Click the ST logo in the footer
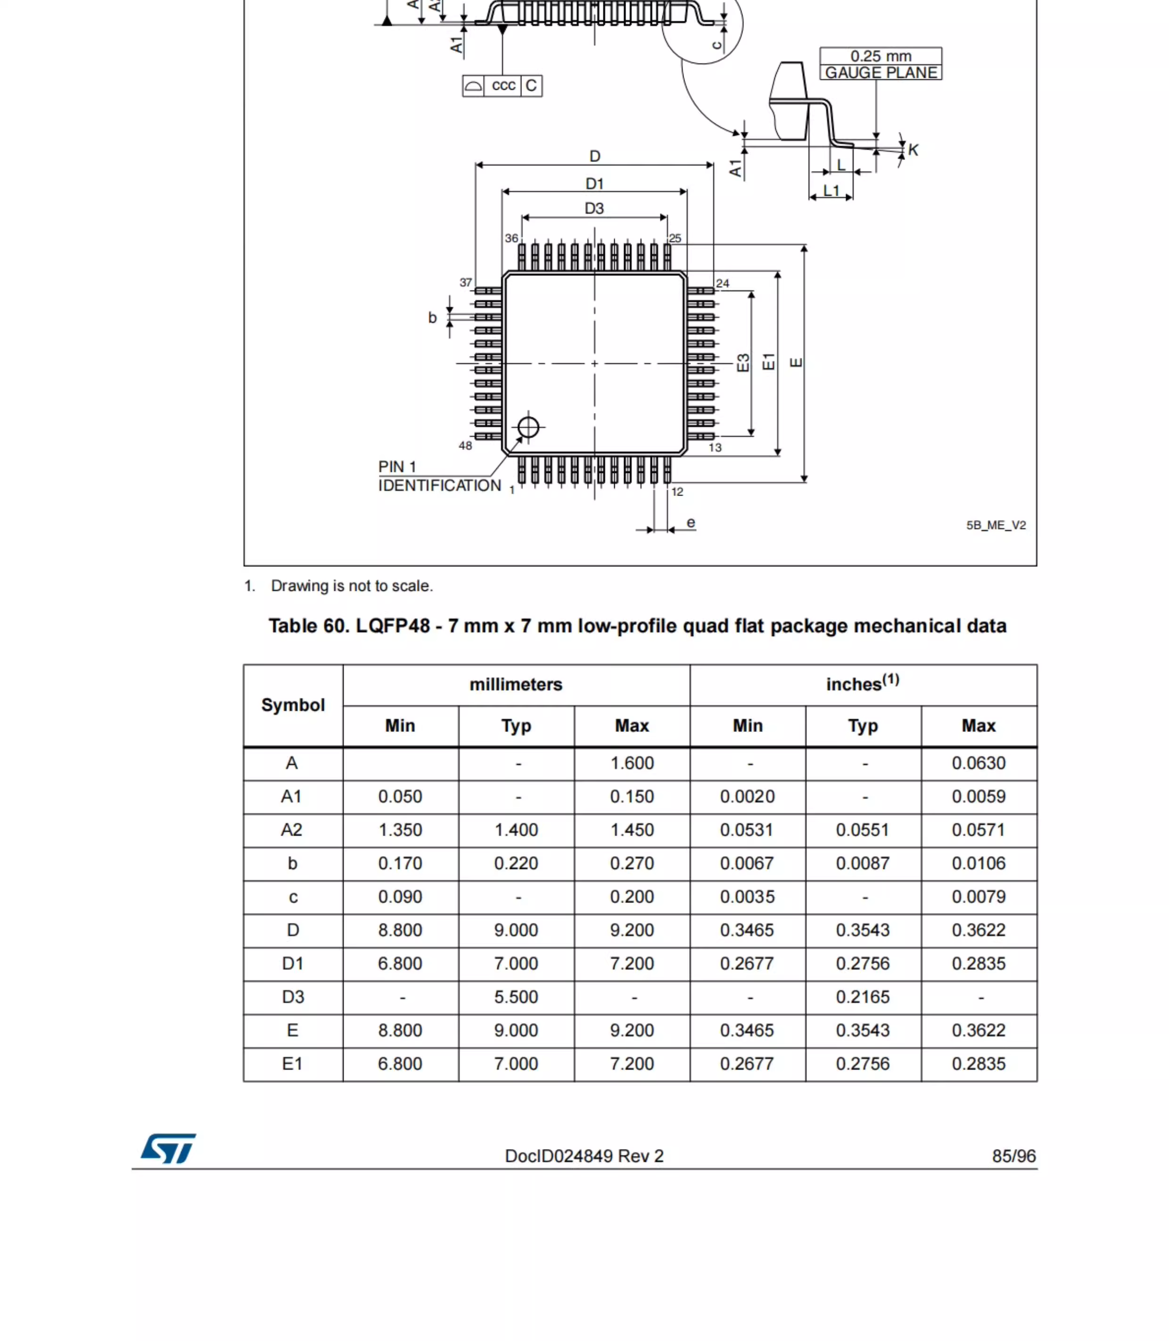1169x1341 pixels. [168, 1149]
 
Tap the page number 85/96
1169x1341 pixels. [1013, 1156]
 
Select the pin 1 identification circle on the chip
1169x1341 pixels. [528, 427]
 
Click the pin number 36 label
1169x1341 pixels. [511, 238]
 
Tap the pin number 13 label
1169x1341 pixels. [715, 447]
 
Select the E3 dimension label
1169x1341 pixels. [743, 363]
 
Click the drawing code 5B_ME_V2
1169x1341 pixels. [996, 525]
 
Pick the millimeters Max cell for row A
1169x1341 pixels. [632, 763]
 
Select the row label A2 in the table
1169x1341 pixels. [292, 829]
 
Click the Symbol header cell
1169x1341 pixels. [293, 705]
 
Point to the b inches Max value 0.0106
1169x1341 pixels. [978, 863]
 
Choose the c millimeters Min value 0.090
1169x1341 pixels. [400, 897]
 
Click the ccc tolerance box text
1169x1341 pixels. [503, 85]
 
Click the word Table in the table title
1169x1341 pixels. [292, 626]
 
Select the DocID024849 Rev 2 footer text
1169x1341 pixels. [584, 1156]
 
